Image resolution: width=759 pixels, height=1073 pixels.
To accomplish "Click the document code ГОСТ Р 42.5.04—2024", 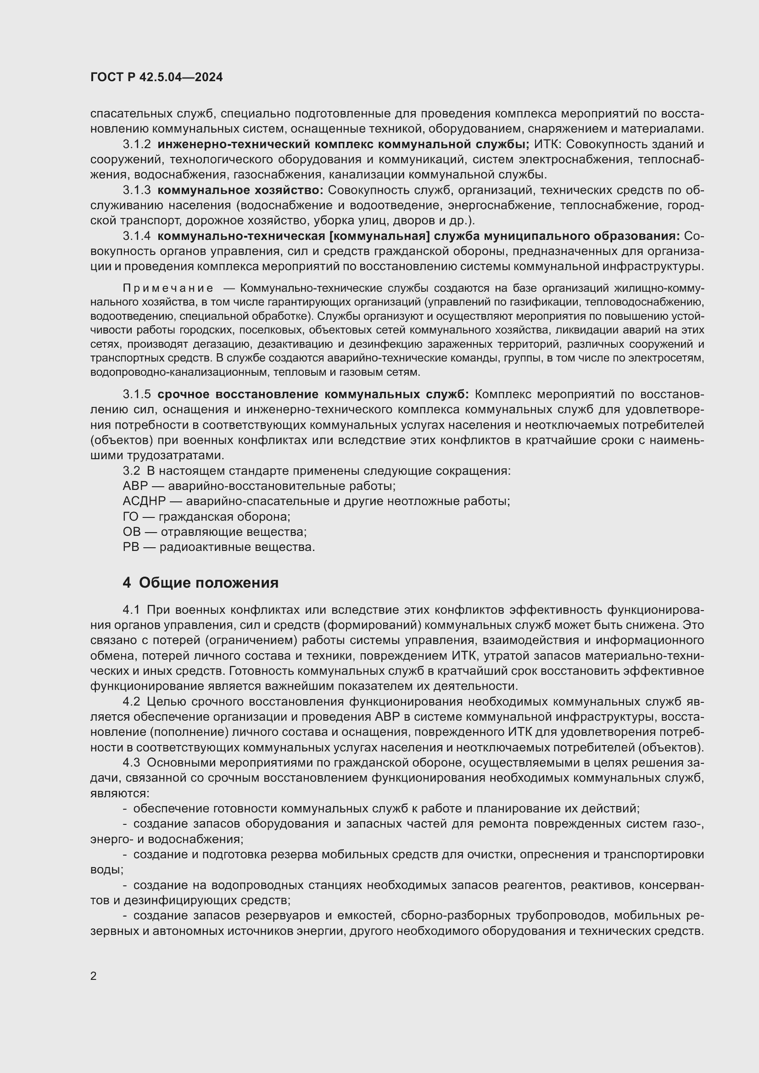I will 156,77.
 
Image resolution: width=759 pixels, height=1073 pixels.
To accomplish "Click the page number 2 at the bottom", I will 94,976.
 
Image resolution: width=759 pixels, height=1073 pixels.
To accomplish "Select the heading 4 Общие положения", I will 201,583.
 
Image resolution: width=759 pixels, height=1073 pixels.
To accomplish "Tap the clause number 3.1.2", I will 137,145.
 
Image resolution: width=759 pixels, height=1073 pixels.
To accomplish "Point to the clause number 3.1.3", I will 137,190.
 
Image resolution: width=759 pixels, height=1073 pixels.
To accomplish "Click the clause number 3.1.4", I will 137,236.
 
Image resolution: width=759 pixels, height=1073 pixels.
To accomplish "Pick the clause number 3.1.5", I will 137,395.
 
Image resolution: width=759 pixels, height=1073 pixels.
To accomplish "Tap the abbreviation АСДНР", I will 144,501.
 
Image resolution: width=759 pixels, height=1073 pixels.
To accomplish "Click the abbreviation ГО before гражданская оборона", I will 130,517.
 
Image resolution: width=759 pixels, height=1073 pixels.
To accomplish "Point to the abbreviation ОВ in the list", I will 131,532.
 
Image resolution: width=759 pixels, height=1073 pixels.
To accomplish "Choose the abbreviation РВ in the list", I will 131,547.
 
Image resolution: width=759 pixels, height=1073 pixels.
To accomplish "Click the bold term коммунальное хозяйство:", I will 240,190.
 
